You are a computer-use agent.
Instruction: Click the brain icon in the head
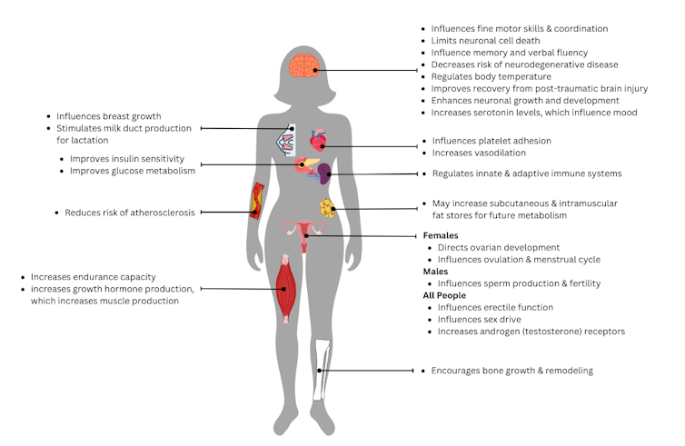(x=303, y=65)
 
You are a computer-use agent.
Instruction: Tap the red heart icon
(x=318, y=141)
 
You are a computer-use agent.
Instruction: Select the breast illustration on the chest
(x=286, y=138)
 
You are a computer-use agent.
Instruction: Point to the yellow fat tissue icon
(x=327, y=208)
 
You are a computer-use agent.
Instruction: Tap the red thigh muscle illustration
(x=286, y=288)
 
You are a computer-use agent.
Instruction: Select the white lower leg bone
(x=320, y=369)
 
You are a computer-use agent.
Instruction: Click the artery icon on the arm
(x=257, y=200)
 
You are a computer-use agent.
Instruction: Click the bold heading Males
(x=436, y=272)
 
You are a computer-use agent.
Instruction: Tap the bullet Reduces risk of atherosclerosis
(x=129, y=213)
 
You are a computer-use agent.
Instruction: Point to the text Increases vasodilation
(x=479, y=153)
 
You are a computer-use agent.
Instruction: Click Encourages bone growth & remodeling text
(x=511, y=371)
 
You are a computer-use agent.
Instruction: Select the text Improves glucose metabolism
(x=144, y=170)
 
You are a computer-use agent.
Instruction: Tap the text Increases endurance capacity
(x=94, y=277)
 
